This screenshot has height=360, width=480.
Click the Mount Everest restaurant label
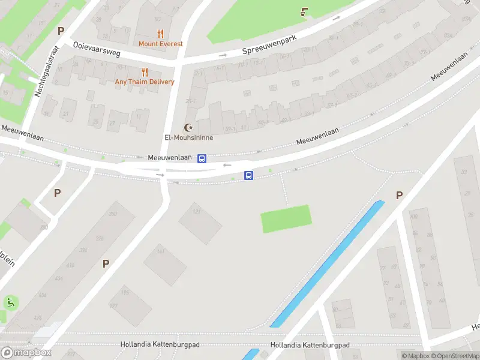161,44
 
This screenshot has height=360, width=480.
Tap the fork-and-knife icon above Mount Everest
160,34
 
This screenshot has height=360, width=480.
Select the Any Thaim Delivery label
145,82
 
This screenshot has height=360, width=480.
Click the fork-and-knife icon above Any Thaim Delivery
145,72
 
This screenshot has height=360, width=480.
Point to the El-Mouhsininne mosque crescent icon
189,127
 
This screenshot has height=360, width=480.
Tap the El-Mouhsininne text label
189,137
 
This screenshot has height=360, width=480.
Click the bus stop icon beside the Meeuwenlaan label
202,158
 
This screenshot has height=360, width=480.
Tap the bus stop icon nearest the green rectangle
248,175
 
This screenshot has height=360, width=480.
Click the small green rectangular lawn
286,218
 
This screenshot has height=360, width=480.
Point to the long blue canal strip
327,265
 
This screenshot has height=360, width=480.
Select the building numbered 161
165,265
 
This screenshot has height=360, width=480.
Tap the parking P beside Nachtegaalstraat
60,31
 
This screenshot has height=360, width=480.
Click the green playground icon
10,302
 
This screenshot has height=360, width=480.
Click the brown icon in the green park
304,11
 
